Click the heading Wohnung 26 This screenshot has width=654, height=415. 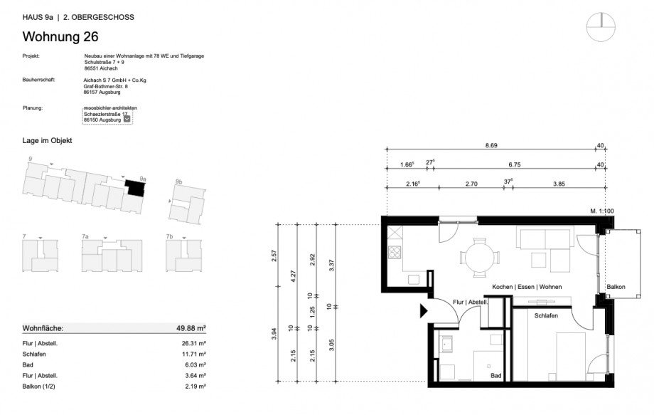tap(60, 37)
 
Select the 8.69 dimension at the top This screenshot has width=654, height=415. tap(490, 145)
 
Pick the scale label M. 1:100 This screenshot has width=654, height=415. tap(601, 211)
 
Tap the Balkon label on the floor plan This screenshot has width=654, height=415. tap(616, 287)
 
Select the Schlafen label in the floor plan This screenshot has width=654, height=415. tap(545, 315)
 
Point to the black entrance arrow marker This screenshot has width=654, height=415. tap(424, 311)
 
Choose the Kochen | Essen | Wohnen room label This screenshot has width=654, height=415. tap(526, 287)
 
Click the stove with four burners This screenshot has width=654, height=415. tap(395, 251)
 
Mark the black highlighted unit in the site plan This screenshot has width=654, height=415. tap(134, 188)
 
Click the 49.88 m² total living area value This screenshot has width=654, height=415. tap(191, 328)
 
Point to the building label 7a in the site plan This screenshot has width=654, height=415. tap(85, 236)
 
